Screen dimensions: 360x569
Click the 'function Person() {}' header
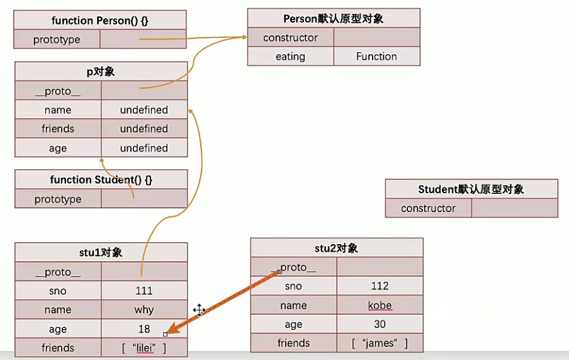click(100, 20)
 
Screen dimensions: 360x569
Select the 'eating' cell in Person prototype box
click(290, 57)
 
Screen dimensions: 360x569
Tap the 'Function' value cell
click(376, 57)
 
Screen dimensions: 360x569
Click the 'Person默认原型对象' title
click(333, 18)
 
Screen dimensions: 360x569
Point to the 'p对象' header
click(101, 71)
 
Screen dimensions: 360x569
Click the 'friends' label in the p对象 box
click(57, 129)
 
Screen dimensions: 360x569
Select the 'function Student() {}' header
click(101, 180)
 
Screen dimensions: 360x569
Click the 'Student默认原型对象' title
click(471, 189)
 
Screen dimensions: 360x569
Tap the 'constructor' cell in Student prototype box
click(428, 208)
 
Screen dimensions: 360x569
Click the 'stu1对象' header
click(101, 253)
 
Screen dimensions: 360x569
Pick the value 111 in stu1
click(144, 291)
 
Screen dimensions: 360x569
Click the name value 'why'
click(144, 310)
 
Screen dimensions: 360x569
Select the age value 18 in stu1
click(144, 329)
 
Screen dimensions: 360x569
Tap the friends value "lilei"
click(144, 348)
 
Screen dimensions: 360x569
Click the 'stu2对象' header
click(336, 248)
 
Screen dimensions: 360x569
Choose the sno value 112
click(380, 286)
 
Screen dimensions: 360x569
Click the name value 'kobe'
click(380, 306)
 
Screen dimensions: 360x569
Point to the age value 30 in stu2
click(380, 325)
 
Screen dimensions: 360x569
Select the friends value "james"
click(380, 344)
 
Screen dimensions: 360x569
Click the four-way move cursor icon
click(200, 310)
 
